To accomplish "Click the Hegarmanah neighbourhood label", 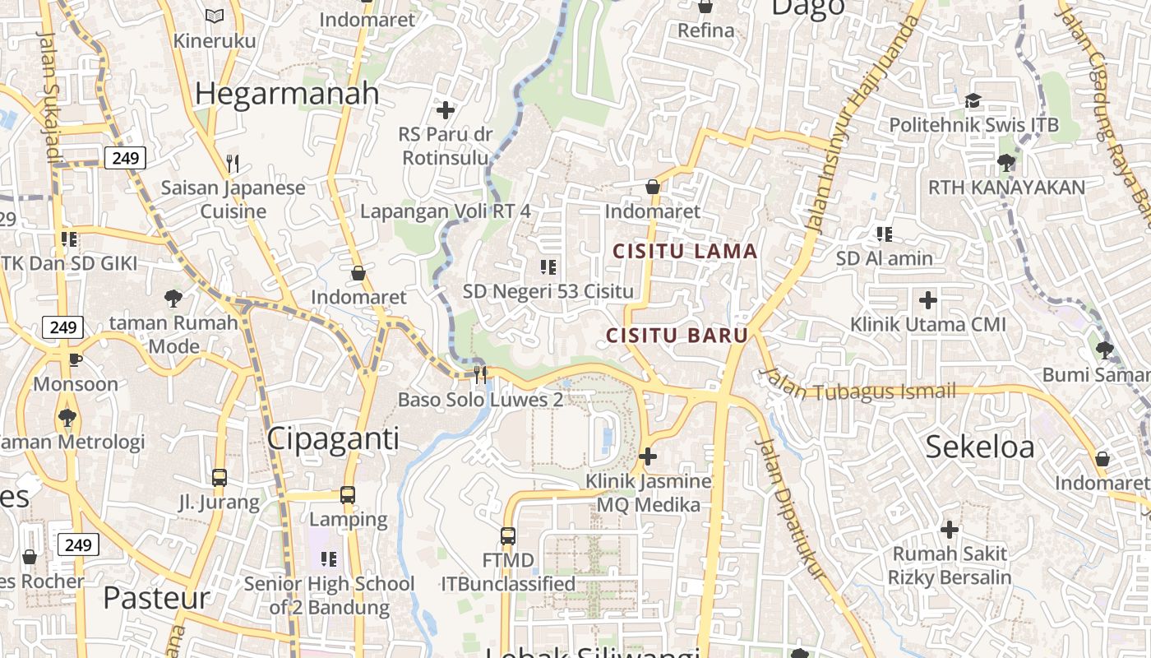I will click(287, 94).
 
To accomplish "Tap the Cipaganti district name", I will click(333, 438).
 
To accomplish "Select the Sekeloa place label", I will click(980, 447).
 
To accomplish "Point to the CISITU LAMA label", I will click(686, 252).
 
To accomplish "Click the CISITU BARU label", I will click(677, 336).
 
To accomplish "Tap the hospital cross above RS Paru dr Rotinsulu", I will click(445, 109).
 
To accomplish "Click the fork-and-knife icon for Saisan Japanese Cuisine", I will click(233, 164).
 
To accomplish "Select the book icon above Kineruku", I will click(215, 16).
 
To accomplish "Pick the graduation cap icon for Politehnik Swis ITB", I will click(973, 100).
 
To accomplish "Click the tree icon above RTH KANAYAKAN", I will click(1005, 162).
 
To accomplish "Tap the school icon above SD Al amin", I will click(885, 234).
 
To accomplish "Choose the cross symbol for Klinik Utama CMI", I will click(928, 300).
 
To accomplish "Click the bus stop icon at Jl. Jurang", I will click(220, 477).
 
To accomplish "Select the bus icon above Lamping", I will click(348, 495).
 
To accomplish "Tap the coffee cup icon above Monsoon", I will click(75, 359).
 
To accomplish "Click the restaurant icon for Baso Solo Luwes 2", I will click(480, 374).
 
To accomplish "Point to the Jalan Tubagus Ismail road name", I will click(860, 387).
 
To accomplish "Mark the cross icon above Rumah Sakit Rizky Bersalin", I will click(950, 529).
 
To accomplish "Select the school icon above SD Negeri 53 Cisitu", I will click(548, 266).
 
